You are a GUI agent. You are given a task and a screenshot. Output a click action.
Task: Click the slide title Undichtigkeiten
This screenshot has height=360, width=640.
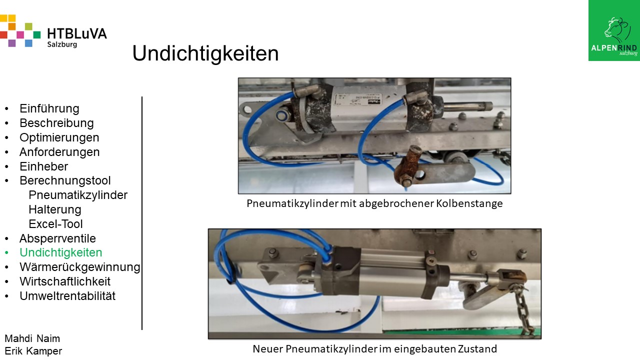205,53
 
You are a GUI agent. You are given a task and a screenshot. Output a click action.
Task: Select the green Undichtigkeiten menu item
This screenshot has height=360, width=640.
60,252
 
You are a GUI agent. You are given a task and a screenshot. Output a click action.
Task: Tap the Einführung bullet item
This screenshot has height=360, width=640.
49,108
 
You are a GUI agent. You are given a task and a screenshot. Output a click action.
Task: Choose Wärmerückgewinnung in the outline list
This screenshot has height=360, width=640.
79,267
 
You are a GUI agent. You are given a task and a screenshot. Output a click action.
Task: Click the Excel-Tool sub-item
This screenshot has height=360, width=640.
55,224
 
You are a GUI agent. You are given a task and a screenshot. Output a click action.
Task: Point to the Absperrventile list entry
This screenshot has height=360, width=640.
57,238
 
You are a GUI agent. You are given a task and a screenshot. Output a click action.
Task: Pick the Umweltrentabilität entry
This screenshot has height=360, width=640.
67,296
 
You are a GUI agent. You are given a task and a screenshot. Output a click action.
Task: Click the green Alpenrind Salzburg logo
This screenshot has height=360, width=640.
614,30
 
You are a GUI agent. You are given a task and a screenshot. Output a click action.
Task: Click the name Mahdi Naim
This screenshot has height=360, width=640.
32,338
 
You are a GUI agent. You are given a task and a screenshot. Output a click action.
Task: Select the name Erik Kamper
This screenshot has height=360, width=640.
33,351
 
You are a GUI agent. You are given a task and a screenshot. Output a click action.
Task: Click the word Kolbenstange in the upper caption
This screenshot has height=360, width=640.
469,203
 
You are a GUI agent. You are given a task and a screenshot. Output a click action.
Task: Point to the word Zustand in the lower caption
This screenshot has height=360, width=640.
477,349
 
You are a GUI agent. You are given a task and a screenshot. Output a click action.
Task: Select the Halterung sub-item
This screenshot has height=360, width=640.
55,209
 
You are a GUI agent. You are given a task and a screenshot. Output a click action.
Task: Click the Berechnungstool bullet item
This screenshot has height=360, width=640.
65,180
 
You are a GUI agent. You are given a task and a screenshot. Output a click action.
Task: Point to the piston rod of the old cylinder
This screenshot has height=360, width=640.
467,106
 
